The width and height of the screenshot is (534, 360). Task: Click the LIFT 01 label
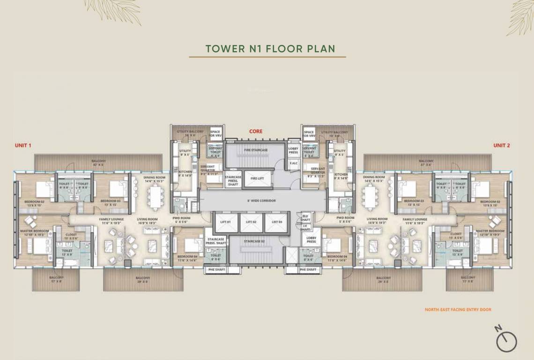pyautogui.click(x=225, y=222)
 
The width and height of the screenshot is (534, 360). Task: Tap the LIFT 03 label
pyautogui.click(x=276, y=222)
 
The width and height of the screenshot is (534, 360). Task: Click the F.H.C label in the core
pyautogui.click(x=294, y=163)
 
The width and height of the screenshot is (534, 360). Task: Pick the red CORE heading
pyautogui.click(x=256, y=132)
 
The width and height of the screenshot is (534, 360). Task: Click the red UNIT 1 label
pyautogui.click(x=23, y=146)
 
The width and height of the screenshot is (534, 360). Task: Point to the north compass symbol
pyautogui.click(x=506, y=340)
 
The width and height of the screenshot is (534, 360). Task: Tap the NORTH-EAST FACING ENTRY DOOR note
pyautogui.click(x=458, y=310)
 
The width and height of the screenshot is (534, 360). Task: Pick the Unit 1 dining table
pyautogui.click(x=154, y=197)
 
